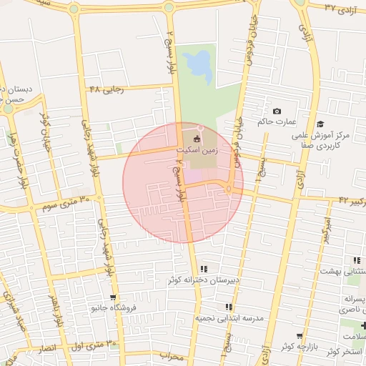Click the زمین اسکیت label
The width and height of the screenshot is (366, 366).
point(198,151)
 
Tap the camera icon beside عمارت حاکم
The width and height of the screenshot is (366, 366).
point(277,112)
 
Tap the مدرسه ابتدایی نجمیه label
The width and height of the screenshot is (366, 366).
point(230,317)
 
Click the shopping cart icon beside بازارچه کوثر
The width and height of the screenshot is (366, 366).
point(300,335)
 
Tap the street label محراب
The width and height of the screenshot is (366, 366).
point(172,355)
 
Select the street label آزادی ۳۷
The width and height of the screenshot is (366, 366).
point(340,8)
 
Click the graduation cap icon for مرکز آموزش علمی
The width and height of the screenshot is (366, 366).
point(320,124)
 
